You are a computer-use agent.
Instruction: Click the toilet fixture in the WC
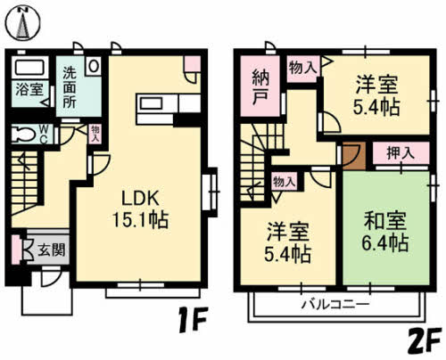click(24, 134)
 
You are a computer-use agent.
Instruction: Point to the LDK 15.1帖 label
click(140, 206)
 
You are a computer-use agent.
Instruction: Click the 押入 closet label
click(399, 152)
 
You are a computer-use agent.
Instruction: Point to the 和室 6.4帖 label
click(385, 228)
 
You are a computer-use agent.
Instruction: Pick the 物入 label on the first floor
click(95, 135)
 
